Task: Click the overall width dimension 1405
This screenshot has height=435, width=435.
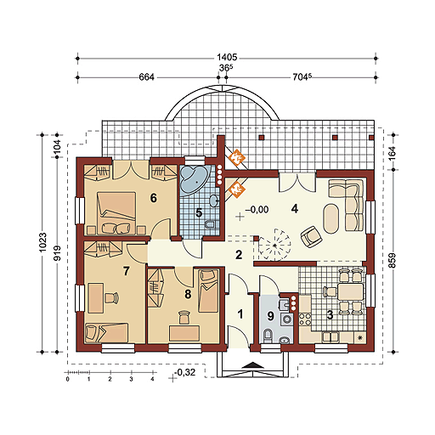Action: (227, 58)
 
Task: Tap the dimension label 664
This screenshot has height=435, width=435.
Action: (146, 77)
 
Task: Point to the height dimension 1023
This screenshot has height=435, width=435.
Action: (42, 242)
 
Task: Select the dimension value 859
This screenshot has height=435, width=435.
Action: (392, 260)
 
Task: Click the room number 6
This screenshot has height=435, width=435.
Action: (153, 198)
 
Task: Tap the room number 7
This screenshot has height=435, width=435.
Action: (127, 271)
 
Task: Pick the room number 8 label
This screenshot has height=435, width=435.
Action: (188, 294)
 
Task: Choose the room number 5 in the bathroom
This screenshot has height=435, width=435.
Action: (199, 213)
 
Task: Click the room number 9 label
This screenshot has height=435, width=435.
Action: (270, 316)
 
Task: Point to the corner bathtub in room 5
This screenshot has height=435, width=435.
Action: (194, 179)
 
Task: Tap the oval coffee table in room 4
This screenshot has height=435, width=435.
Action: (331, 218)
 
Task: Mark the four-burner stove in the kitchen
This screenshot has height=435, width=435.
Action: (305, 319)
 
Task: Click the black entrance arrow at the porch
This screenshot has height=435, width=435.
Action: (254, 365)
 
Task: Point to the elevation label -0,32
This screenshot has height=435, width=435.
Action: (185, 372)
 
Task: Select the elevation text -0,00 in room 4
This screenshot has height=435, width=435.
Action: (257, 210)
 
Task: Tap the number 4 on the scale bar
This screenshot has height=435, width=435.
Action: (152, 379)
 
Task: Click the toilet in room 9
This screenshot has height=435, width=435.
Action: (267, 336)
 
